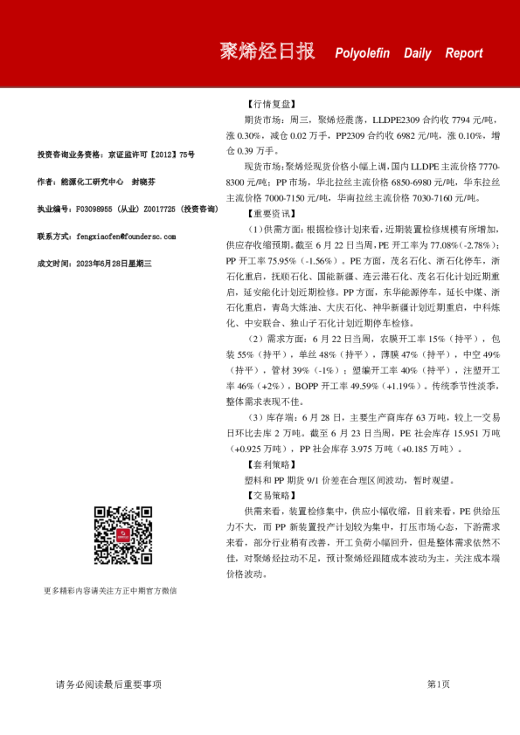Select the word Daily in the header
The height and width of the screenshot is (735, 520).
(417, 53)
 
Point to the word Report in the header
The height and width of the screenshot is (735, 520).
(463, 53)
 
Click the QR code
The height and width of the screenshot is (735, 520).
(124, 534)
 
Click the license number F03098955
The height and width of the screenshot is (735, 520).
(97, 210)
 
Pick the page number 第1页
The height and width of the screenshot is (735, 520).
(438, 684)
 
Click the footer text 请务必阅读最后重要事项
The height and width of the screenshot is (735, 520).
(108, 684)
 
